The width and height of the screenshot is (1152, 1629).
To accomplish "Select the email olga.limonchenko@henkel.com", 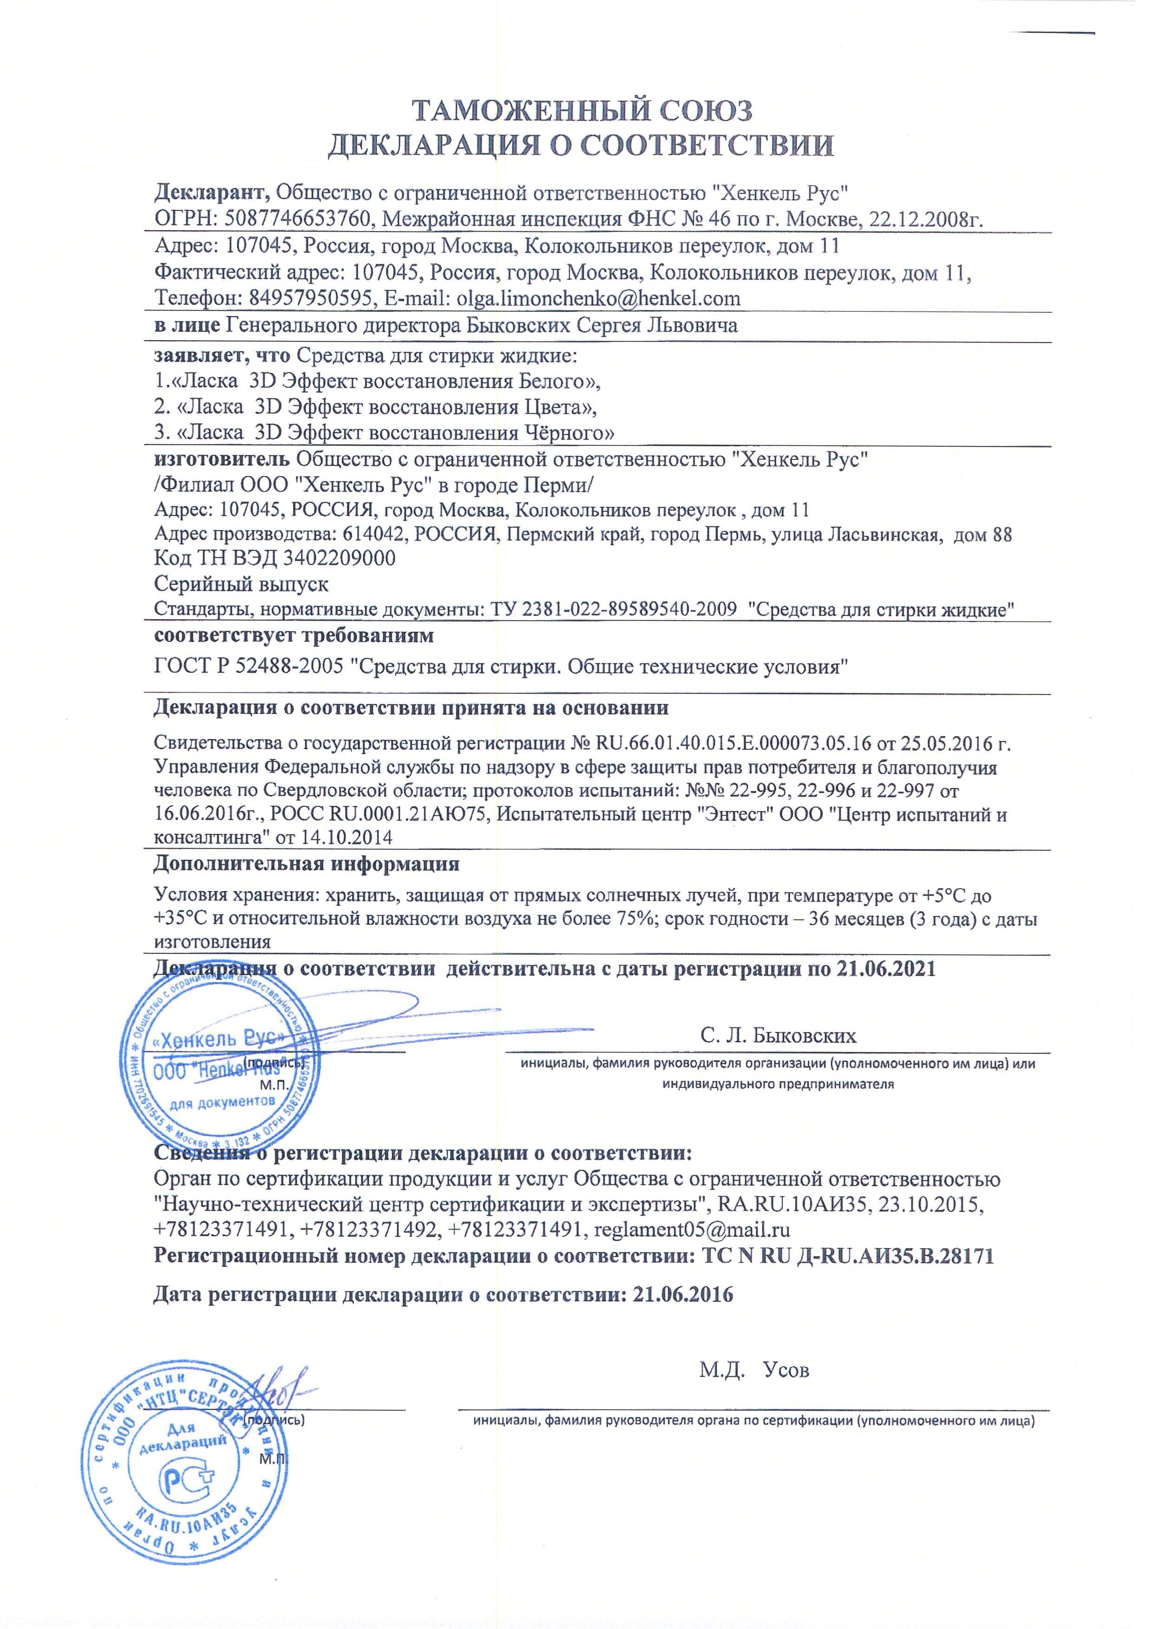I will point(595,298).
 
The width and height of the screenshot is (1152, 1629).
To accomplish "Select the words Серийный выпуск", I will point(242,584).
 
